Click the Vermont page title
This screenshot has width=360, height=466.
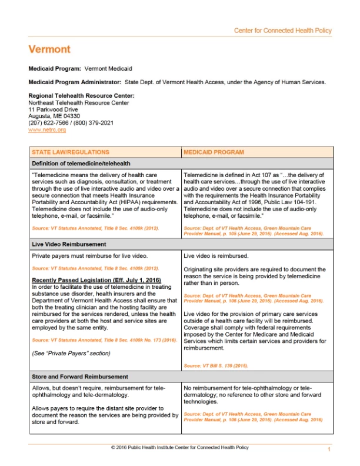pyautogui.click(x=49, y=49)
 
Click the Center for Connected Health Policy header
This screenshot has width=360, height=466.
pyautogui.click(x=282, y=31)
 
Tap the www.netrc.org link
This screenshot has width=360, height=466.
pyautogui.click(x=47, y=129)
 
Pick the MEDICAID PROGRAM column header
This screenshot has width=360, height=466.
pyautogui.click(x=214, y=152)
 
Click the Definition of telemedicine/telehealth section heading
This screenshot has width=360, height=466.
pyautogui.click(x=81, y=163)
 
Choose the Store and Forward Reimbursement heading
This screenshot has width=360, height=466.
pyautogui.click(x=79, y=377)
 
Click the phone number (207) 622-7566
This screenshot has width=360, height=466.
pyautogui.click(x=49, y=123)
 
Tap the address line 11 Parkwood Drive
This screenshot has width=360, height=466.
pyautogui.click(x=54, y=109)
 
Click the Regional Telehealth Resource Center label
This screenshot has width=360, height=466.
pyautogui.click(x=81, y=95)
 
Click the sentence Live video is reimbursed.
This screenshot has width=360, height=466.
pyautogui.click(x=216, y=256)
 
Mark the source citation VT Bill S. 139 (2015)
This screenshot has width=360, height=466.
pyautogui.click(x=216, y=365)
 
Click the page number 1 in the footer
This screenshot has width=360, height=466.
pyautogui.click(x=329, y=449)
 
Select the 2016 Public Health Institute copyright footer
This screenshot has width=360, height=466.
pyautogui.click(x=179, y=448)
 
